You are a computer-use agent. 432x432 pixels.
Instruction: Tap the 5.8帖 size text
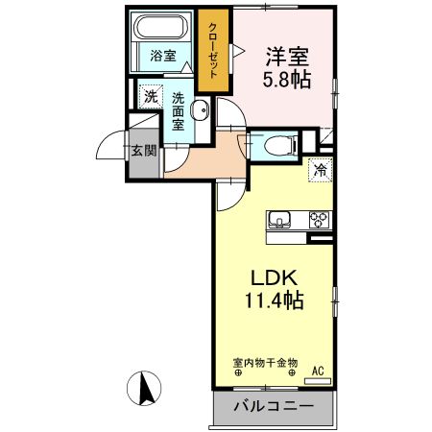[x=286, y=80]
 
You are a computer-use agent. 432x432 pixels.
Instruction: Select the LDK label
[x=271, y=278]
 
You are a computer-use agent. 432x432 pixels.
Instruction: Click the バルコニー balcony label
[x=273, y=406]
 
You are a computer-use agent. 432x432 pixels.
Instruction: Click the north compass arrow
[x=147, y=387]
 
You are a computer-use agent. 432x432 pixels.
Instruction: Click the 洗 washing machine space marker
[x=149, y=96]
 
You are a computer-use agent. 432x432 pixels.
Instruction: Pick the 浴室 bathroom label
[x=162, y=56]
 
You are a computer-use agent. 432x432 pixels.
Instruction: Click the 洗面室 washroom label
[x=179, y=110]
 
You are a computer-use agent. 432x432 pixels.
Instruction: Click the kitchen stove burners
[x=318, y=220]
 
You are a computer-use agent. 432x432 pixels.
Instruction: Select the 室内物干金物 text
[x=265, y=364]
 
